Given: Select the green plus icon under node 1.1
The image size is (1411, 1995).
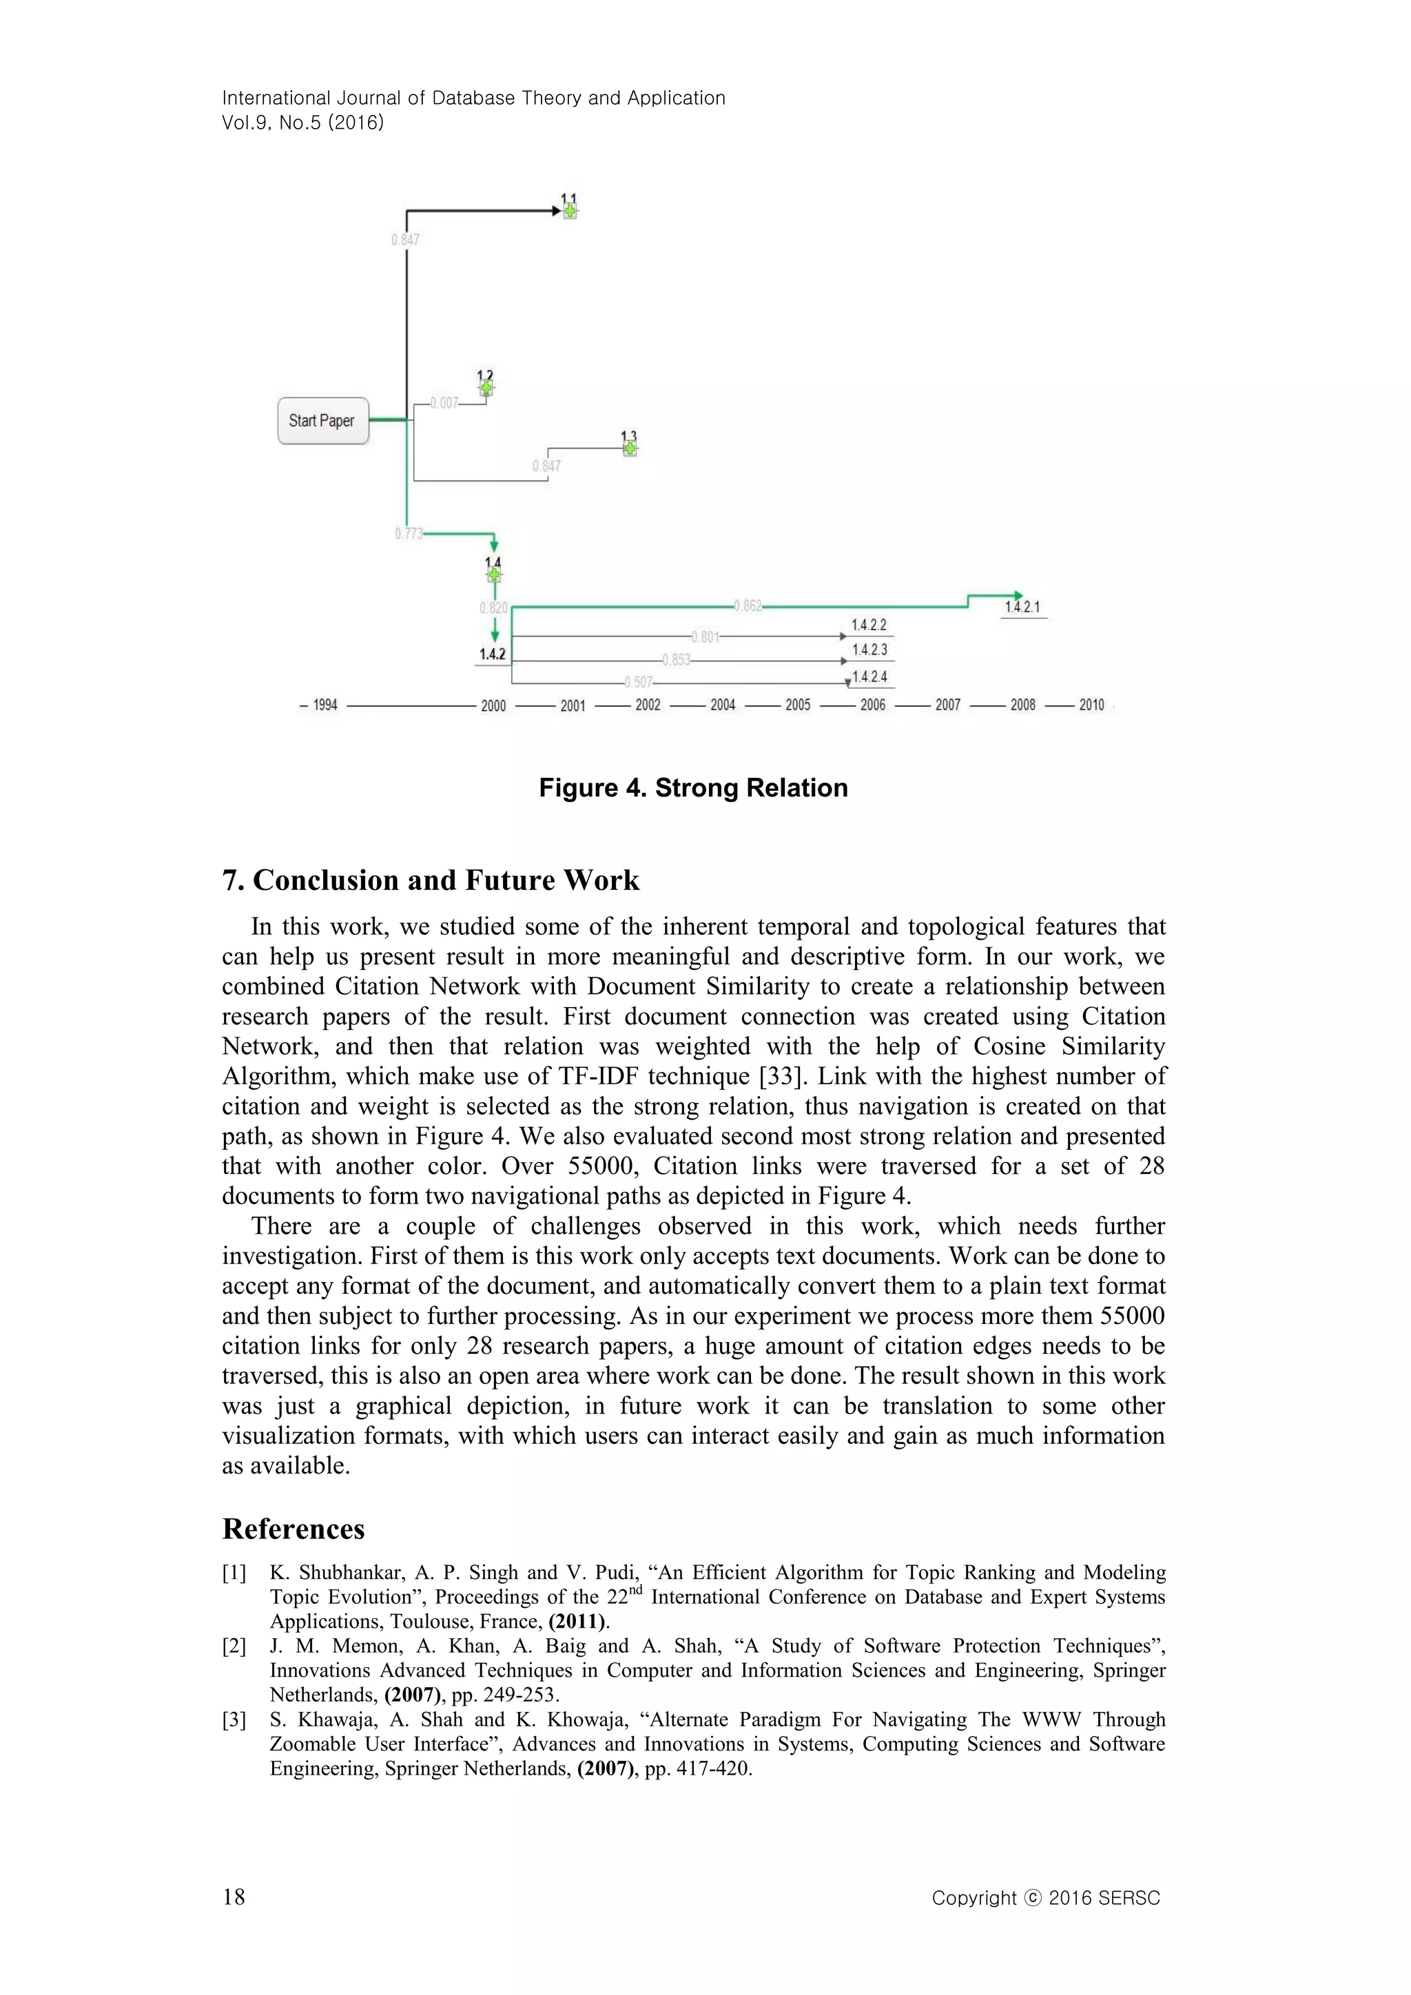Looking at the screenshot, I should point(569,211).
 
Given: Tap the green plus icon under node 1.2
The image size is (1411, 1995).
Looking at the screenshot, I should point(486,389).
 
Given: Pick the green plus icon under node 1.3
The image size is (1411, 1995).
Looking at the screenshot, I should point(630,448).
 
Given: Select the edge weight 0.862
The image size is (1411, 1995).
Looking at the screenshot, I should point(748,606).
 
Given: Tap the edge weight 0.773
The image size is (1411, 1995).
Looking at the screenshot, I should point(409,533).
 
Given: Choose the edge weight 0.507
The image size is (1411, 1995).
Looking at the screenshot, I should point(639,682).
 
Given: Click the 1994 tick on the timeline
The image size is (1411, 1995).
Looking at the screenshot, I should point(325,705).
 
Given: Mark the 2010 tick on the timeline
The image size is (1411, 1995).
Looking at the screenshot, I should point(1091,705).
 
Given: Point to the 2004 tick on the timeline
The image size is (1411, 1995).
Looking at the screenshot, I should point(723,705).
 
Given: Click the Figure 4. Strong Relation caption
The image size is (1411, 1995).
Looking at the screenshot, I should point(693,788).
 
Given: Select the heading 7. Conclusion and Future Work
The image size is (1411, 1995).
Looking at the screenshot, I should point(431,880).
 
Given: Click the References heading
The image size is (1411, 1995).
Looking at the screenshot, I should point(293,1553).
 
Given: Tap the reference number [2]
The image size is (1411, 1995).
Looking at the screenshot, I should point(234,1646).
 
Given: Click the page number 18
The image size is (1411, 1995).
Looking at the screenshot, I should point(234,1896).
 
